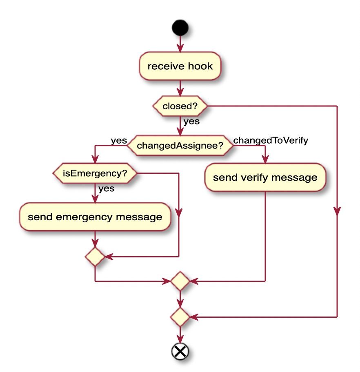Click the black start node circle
(x=180, y=28)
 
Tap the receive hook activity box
(x=180, y=66)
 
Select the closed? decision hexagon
(x=180, y=106)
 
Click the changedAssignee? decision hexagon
(x=180, y=146)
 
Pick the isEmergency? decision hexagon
(x=95, y=173)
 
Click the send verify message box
(x=265, y=177)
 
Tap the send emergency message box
(x=95, y=217)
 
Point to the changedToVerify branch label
(x=270, y=140)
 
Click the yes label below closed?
(x=191, y=121)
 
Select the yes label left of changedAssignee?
(x=119, y=140)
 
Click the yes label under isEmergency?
(x=106, y=188)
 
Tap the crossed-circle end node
(x=180, y=351)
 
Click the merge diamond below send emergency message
(x=95, y=257)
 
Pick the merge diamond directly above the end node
(x=180, y=317)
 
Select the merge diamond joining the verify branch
(x=180, y=281)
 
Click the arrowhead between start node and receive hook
(x=180, y=47)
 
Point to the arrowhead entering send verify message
(x=265, y=159)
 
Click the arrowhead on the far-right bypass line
(x=337, y=211)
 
